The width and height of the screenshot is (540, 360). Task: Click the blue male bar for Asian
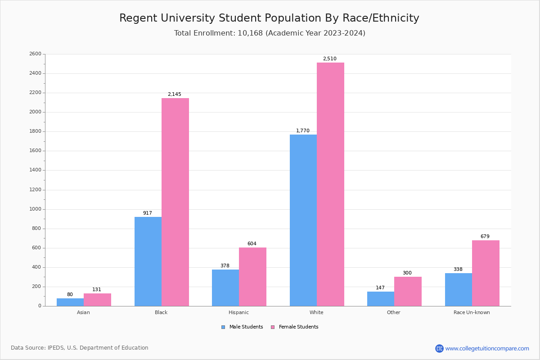[70, 302]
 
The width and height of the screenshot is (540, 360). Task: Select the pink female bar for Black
[175, 202]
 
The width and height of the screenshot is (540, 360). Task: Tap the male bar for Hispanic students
[225, 288]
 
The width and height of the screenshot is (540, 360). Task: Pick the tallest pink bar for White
[330, 184]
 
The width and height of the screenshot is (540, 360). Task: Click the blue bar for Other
[381, 299]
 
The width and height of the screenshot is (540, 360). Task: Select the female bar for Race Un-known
[486, 273]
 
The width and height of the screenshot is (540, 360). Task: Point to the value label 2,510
[329, 59]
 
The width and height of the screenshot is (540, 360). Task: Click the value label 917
[148, 213]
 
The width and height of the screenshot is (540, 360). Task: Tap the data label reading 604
[252, 244]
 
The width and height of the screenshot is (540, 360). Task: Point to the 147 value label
[380, 288]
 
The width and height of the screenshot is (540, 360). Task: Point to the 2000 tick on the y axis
[35, 112]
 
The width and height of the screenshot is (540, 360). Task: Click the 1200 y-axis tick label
[35, 190]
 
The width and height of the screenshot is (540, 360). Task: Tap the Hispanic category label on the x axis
[238, 312]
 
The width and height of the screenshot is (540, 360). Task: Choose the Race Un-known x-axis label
[472, 312]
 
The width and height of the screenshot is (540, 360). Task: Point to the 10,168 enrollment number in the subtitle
[252, 33]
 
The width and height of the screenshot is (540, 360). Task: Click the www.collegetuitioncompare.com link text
[487, 349]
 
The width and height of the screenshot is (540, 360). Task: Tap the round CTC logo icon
[439, 349]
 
